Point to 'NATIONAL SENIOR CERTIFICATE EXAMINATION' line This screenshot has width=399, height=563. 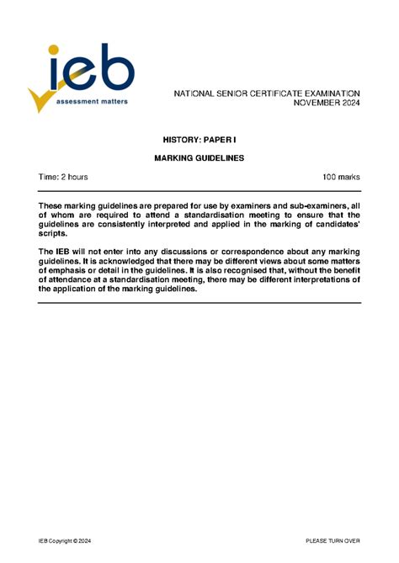pyautogui.click(x=267, y=93)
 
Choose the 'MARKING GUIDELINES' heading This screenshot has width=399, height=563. pyautogui.click(x=199, y=157)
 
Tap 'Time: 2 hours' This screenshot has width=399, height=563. pyautogui.click(x=63, y=178)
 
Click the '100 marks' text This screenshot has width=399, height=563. pyautogui.click(x=341, y=178)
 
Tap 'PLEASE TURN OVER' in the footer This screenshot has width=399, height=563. pyautogui.click(x=332, y=539)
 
